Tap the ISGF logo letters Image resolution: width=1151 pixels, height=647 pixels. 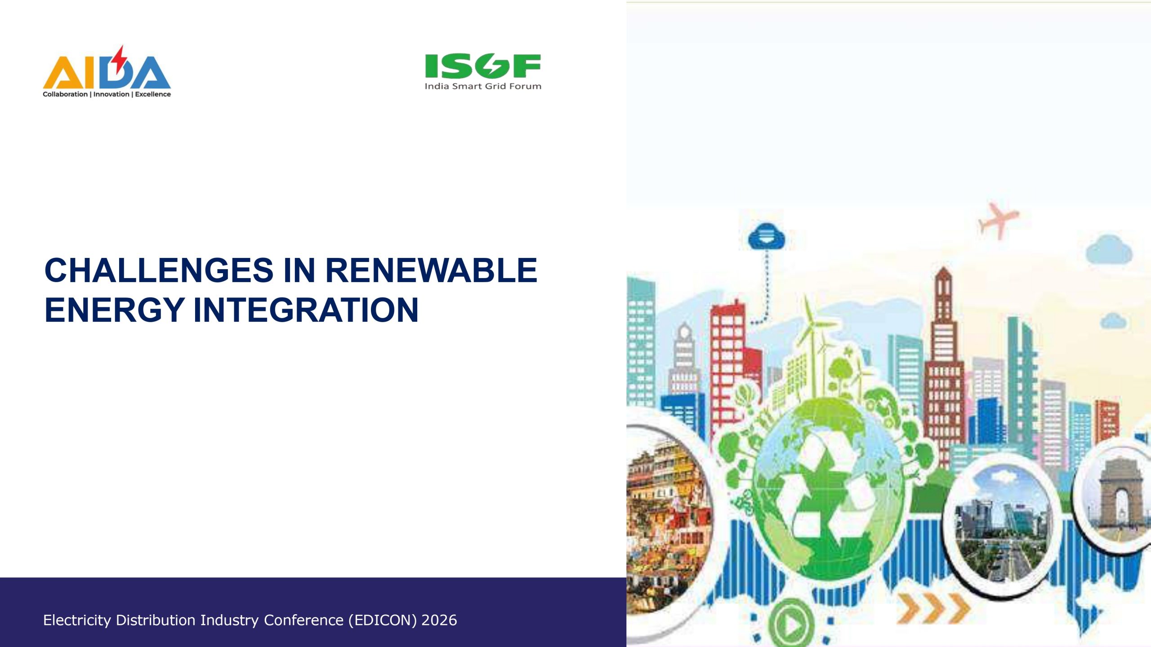point(483,66)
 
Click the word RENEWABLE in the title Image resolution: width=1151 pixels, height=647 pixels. point(431,270)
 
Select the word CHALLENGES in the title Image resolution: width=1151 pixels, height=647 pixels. point(159,270)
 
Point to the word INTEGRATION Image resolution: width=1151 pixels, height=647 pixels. point(306,310)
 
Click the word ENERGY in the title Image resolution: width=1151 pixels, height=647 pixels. point(114,310)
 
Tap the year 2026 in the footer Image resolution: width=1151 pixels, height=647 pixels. point(439,620)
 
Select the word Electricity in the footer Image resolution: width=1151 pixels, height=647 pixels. point(77,620)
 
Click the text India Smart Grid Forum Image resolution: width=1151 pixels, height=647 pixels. point(483,86)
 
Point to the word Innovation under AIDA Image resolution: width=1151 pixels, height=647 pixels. point(111,94)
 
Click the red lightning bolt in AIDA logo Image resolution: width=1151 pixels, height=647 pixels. point(119,60)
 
